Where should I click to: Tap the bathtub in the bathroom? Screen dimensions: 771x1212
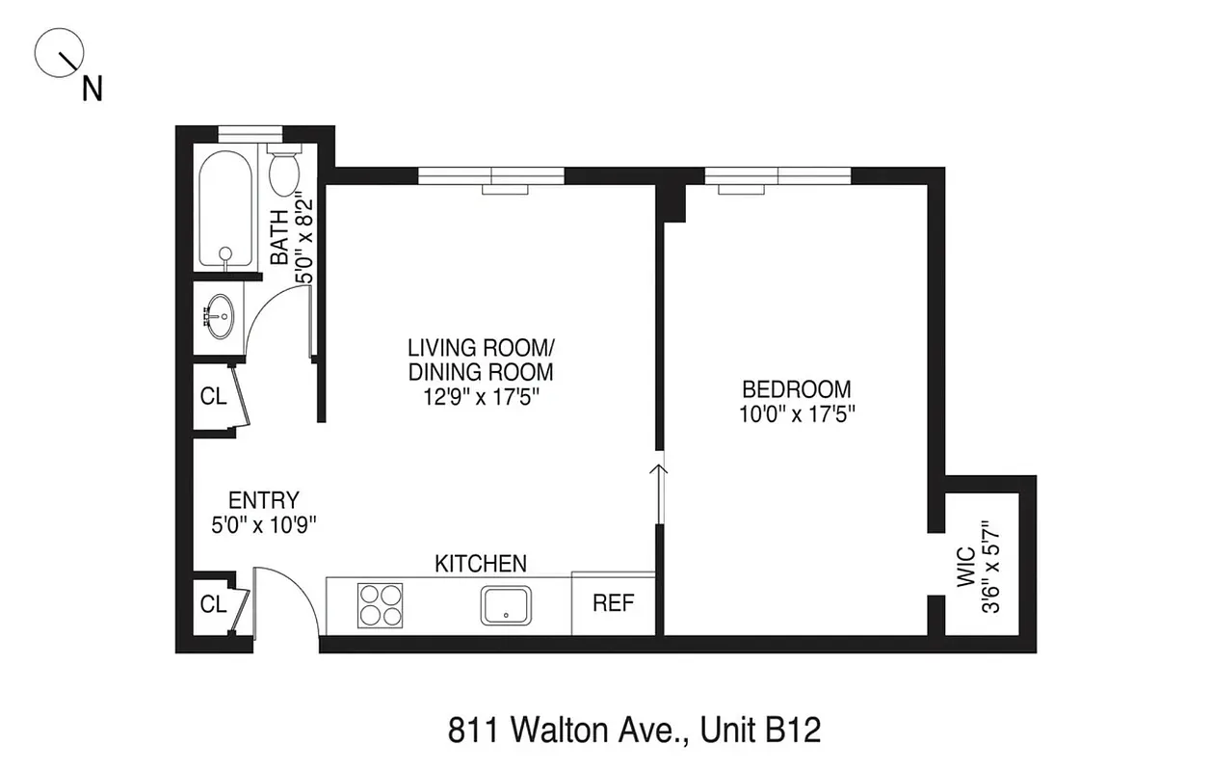225,209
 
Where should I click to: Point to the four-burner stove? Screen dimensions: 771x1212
380,605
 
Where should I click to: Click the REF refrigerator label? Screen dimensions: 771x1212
613,604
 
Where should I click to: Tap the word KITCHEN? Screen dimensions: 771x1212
480,563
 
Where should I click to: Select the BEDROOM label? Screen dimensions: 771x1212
796,389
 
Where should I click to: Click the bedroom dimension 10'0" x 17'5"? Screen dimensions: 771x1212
796,414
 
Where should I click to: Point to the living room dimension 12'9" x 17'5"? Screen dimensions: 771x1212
481,397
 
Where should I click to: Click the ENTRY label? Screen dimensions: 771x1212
263,500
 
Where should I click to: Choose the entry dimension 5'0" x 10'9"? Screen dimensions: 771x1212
263,525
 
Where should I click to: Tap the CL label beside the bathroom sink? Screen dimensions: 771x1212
213,397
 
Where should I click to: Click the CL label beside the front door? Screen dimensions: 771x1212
213,604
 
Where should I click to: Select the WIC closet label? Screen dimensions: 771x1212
965,569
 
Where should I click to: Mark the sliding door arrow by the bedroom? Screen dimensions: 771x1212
660,472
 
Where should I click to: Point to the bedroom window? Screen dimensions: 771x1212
777,176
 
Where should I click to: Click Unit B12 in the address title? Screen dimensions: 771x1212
760,730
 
